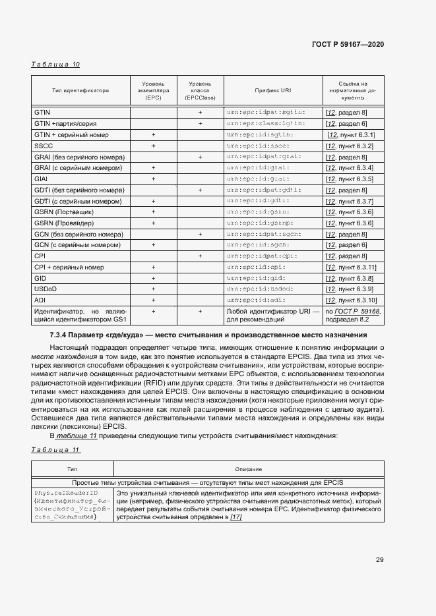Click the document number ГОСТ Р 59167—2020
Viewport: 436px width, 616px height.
tap(347, 44)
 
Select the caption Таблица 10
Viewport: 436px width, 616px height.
tap(55, 65)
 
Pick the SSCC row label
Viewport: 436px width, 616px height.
tap(44, 146)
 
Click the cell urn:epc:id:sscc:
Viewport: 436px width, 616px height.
tap(258, 146)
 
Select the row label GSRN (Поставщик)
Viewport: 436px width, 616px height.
tap(63, 212)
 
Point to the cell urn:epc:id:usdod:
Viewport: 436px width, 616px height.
tap(260, 289)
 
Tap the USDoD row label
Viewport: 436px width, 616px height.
tap(46, 289)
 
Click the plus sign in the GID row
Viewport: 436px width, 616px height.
tap(153, 279)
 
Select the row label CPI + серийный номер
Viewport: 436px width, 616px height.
tap(69, 267)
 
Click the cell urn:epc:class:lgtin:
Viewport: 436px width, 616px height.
tap(265, 124)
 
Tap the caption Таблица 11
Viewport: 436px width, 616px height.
tap(55, 450)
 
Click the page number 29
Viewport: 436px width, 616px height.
tap(380, 560)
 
